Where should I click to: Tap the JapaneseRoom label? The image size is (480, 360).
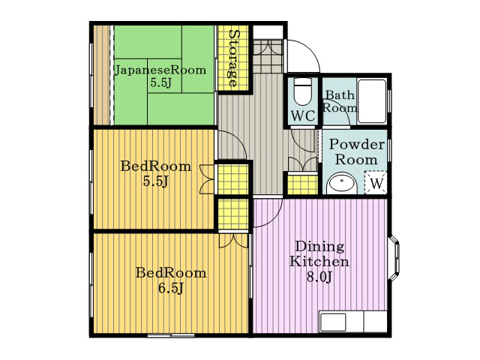click(x=160, y=70)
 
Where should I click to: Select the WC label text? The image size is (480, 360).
click(x=303, y=116)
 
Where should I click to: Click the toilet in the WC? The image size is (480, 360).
click(x=303, y=91)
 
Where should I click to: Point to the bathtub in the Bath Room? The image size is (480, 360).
click(x=372, y=101)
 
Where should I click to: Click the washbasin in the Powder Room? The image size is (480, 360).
click(x=342, y=184)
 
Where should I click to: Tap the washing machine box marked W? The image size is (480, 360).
click(x=376, y=183)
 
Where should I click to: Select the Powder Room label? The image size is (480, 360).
click(x=357, y=152)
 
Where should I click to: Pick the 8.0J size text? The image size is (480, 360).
click(x=319, y=277)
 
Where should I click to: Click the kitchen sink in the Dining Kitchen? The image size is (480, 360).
click(x=333, y=322)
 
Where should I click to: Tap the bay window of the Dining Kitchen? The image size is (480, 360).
click(x=394, y=257)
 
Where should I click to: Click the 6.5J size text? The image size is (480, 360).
click(x=171, y=288)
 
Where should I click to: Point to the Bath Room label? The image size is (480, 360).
click(x=340, y=101)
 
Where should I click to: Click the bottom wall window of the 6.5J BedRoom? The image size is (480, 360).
click(x=171, y=335)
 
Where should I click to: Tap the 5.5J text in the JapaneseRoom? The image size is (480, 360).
click(x=160, y=82)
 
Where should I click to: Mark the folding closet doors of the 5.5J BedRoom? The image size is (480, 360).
click(x=207, y=179)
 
